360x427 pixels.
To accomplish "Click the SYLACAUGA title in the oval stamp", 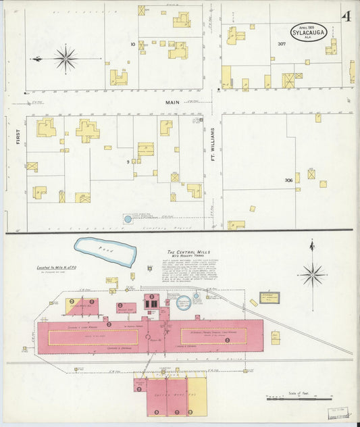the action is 309,31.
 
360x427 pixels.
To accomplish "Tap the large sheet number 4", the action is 346,17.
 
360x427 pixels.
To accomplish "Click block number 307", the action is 282,44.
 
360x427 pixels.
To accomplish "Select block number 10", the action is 134,44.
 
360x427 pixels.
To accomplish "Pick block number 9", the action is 127,162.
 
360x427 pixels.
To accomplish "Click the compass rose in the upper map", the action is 66,58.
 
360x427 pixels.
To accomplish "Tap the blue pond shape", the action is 105,251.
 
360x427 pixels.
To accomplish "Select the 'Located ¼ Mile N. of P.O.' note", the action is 60,268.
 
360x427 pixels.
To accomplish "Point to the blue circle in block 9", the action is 127,219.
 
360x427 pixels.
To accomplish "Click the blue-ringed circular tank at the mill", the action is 183,302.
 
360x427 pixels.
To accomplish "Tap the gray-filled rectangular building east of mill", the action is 269,297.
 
